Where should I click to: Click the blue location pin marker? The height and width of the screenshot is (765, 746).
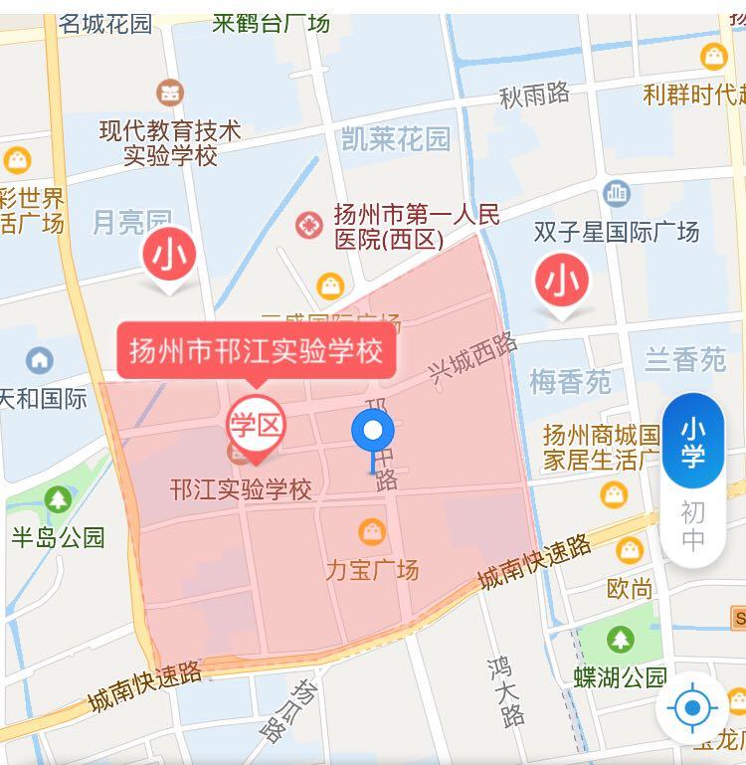[373, 432]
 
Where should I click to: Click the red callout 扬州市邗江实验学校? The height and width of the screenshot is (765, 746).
[256, 351]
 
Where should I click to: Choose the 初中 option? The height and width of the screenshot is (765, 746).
[692, 526]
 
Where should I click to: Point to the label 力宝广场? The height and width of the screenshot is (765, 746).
[372, 570]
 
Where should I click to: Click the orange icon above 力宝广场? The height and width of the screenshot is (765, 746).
[372, 531]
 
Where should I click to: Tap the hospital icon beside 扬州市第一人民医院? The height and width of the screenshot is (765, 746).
[309, 224]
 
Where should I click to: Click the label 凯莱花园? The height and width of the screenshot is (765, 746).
[395, 137]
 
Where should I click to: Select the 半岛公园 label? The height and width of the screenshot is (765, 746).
[58, 537]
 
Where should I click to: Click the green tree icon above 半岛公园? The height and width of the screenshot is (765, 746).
[58, 498]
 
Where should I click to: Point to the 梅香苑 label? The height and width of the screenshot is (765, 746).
[570, 381]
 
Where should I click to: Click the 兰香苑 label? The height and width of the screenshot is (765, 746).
[685, 359]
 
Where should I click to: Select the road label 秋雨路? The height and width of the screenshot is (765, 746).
[534, 96]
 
